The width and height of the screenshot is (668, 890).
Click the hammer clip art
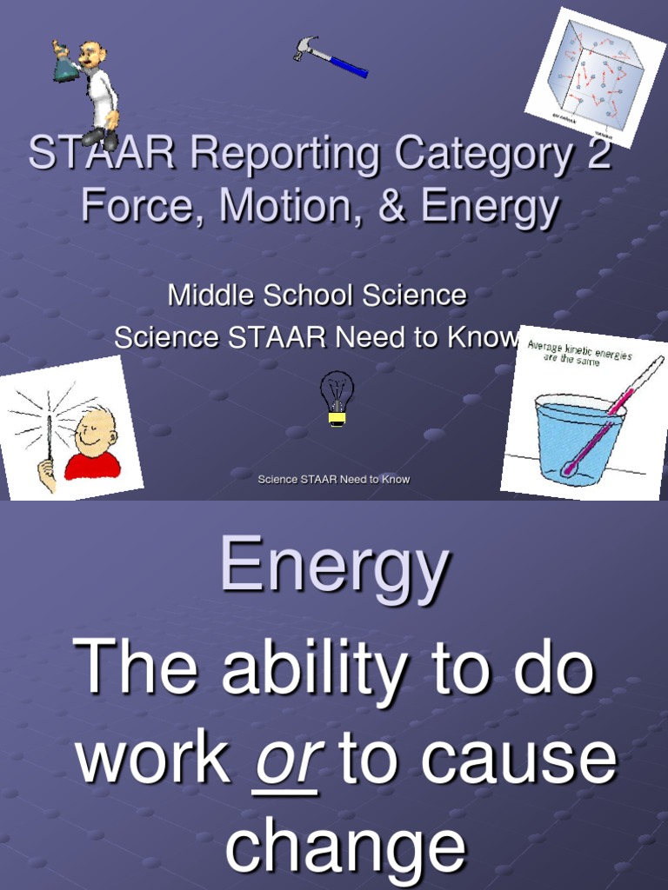tap(330, 56)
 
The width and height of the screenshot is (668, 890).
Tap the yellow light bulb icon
tap(337, 398)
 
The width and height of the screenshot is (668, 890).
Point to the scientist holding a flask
tap(91, 91)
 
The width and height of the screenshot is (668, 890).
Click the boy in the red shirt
tap(93, 445)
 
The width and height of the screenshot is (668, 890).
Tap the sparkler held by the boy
tap(49, 435)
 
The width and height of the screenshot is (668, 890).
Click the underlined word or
tap(285, 759)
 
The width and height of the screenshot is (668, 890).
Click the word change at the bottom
tap(345, 847)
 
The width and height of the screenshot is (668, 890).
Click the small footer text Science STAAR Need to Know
tap(334, 479)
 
